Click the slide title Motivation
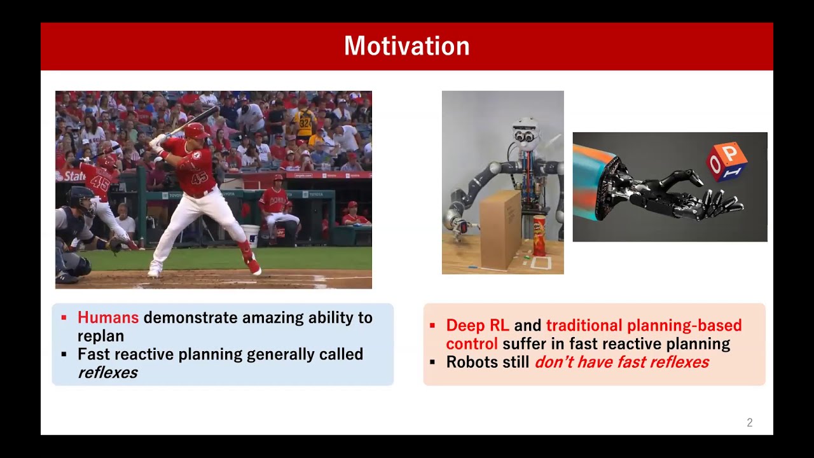click(x=406, y=46)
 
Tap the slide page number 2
click(x=750, y=422)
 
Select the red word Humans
click(x=108, y=317)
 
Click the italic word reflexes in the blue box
click(x=107, y=373)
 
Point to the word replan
click(x=100, y=337)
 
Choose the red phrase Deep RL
click(x=478, y=325)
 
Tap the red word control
click(x=472, y=344)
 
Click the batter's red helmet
click(x=197, y=131)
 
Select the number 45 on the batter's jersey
click(x=199, y=178)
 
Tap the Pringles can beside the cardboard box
click(x=540, y=235)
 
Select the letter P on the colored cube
click(x=731, y=153)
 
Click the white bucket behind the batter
click(x=251, y=235)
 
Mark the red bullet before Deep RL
click(x=432, y=325)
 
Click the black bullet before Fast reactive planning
click(x=64, y=354)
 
